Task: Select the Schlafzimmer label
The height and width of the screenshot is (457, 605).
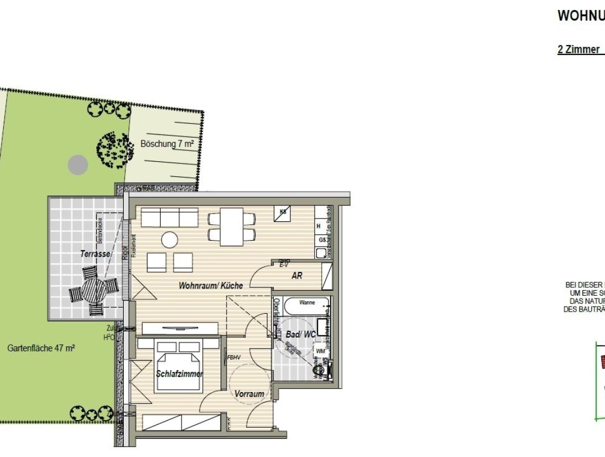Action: [x=180, y=374]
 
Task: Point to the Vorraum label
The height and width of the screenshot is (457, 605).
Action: [x=249, y=394]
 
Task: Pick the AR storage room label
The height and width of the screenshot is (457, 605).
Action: [x=297, y=276]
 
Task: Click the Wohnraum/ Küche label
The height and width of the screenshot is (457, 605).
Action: [x=210, y=286]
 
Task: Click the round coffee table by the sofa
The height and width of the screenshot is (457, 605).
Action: [x=169, y=240]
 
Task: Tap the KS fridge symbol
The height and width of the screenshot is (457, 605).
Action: [x=284, y=212]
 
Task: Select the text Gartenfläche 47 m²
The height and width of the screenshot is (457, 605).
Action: [x=41, y=348]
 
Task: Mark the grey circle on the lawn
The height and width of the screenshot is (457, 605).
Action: [x=78, y=164]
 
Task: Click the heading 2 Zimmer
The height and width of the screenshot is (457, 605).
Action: [x=579, y=50]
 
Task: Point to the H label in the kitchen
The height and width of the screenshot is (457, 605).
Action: [x=318, y=226]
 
